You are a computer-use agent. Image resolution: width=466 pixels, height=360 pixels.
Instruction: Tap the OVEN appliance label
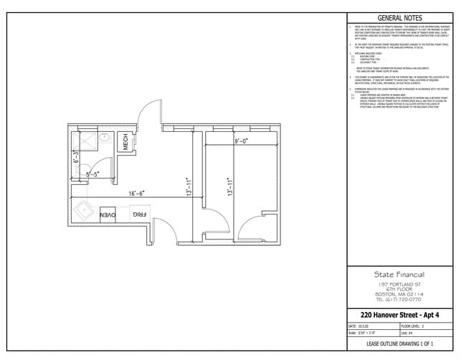(x=108, y=214)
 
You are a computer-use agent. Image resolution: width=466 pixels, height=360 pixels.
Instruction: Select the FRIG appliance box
(x=138, y=214)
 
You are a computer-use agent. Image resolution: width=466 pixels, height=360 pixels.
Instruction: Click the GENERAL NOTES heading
(x=399, y=19)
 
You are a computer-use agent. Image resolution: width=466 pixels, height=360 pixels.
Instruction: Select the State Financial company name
(x=399, y=274)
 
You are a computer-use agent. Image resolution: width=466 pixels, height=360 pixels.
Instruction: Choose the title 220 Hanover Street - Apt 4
(x=399, y=315)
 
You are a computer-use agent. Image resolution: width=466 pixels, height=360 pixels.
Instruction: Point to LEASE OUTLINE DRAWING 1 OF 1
(x=399, y=345)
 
